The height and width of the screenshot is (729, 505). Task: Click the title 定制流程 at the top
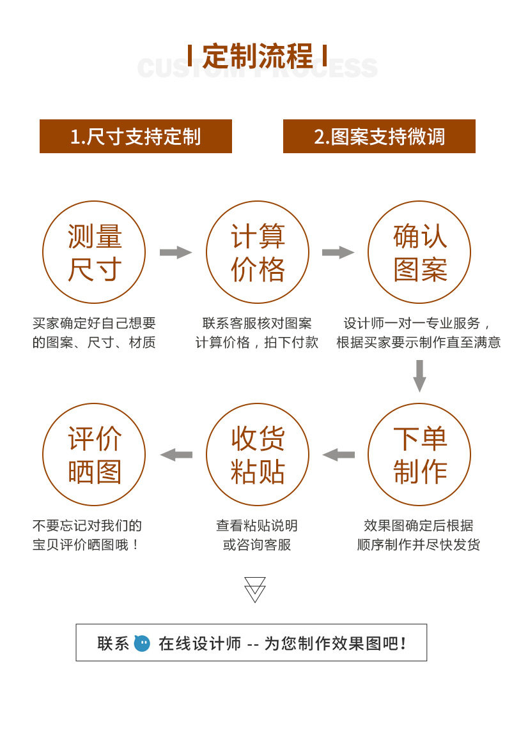click(258, 56)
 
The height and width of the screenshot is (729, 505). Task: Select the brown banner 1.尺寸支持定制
click(136, 136)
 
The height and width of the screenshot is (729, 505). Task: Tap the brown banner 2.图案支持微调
click(379, 136)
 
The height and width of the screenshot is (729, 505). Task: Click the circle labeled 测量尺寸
click(94, 252)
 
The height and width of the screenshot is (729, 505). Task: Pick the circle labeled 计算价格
click(258, 252)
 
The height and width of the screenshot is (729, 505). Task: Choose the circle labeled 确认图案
click(419, 252)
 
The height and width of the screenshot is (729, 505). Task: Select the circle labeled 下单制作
click(419, 455)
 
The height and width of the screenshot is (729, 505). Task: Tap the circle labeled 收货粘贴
click(258, 455)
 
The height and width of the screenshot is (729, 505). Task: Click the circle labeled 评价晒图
click(94, 455)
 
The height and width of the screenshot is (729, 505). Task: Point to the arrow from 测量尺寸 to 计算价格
click(175, 252)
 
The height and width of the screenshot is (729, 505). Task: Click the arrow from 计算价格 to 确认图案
click(338, 252)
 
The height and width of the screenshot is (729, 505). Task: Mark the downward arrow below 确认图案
click(419, 375)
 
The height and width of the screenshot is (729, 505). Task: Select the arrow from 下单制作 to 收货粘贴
click(339, 455)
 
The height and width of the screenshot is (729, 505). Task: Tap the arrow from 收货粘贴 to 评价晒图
click(176, 455)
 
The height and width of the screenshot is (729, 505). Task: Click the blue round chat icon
click(142, 643)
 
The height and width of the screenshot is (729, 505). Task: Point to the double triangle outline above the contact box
click(255, 589)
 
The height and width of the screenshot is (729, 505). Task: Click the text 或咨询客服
click(257, 545)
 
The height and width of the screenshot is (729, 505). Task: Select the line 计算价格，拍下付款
click(257, 342)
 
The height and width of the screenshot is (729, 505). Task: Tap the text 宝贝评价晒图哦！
click(86, 545)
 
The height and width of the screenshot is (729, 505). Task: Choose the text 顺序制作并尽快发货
click(419, 545)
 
